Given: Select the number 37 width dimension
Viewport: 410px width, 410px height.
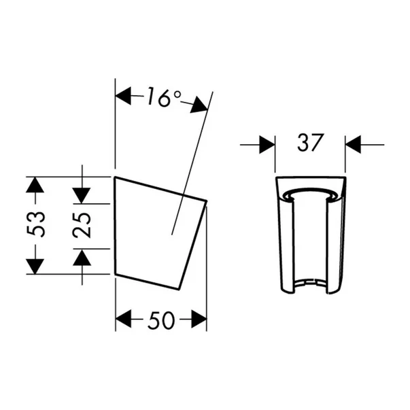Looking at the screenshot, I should point(309,143).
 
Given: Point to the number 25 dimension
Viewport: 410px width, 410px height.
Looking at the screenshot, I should point(83,224).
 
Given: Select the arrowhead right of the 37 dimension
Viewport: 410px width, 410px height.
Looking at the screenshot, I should point(353,144).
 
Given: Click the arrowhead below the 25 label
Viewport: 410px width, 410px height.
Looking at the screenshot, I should point(82,256).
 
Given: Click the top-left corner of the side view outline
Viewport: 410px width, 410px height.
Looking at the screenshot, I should point(116,177).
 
